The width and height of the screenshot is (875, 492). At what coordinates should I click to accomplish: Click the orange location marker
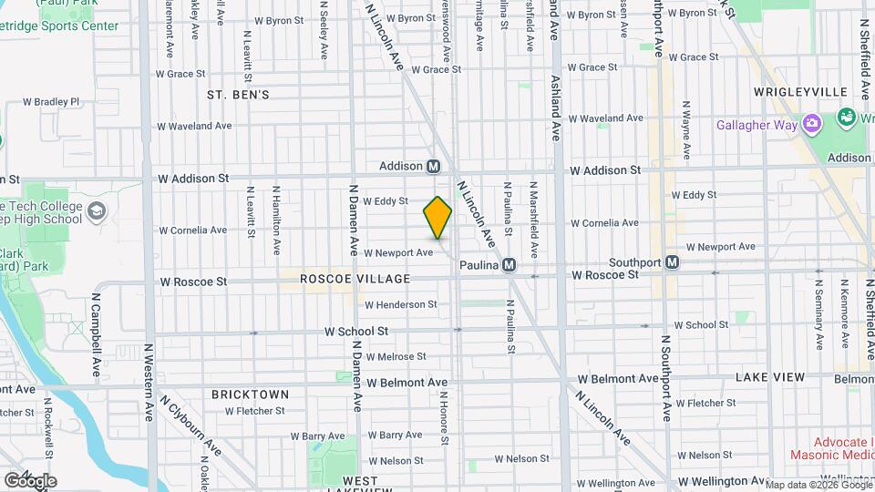tap(437, 218)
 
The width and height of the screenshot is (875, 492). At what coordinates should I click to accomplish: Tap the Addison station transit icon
tap(434, 166)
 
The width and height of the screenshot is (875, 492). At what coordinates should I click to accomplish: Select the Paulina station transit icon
tap(510, 264)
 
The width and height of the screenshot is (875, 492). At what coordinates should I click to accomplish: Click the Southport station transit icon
tap(673, 262)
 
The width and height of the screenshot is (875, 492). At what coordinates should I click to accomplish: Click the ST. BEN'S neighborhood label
tap(238, 95)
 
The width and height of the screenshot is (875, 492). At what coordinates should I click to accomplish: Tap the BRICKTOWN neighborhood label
tap(250, 395)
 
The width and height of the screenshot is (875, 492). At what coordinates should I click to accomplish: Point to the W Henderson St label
tap(400, 304)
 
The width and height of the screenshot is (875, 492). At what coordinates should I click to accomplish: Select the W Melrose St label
tap(396, 356)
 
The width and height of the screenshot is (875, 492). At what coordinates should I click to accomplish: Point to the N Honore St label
tap(445, 418)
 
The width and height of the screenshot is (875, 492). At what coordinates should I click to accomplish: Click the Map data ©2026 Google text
tap(818, 484)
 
